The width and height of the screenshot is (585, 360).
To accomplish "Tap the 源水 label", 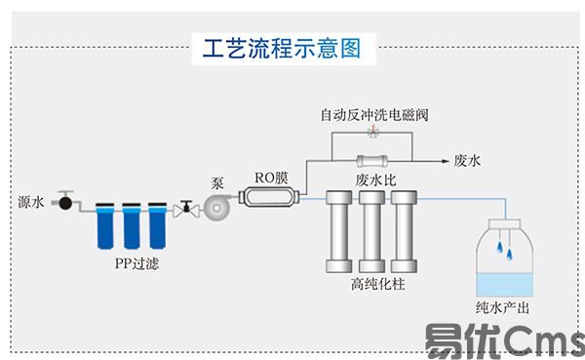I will click(31, 203).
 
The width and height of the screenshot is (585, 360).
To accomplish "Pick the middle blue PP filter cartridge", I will click(131, 225).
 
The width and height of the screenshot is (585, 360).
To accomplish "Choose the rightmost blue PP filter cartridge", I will click(155, 225).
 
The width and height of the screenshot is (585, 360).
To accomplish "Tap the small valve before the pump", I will click(183, 207).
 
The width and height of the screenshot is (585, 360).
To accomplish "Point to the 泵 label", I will click(217, 183).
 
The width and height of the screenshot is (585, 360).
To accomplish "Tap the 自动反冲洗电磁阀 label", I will click(373, 115).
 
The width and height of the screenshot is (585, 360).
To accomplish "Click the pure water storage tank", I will click(503, 260).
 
